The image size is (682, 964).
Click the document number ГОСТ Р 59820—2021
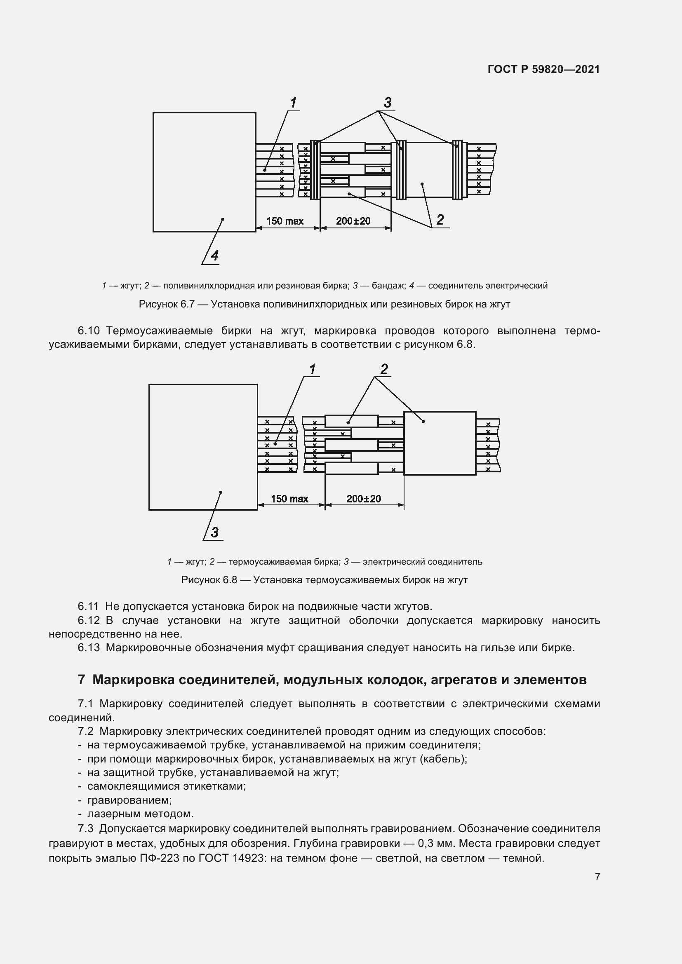click(x=543, y=69)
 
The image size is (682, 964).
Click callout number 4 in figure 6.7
click(x=214, y=255)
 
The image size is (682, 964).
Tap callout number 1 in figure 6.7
click(x=293, y=103)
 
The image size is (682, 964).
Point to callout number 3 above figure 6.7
click(x=388, y=103)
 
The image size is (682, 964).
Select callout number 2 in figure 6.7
click(x=440, y=220)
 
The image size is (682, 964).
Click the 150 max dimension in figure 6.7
click(x=285, y=221)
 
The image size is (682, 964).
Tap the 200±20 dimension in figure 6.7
click(x=353, y=221)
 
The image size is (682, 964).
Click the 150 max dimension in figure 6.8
click(x=289, y=499)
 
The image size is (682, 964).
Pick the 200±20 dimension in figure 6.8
click(x=363, y=499)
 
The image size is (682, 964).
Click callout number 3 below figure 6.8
click(x=214, y=532)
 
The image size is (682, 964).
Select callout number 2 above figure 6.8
click(x=384, y=369)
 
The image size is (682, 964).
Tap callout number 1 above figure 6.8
click(x=312, y=369)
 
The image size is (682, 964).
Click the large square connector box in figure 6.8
click(x=203, y=447)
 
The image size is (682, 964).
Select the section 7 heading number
click(x=82, y=679)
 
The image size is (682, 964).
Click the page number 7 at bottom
click(x=597, y=877)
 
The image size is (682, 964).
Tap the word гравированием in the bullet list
click(x=129, y=800)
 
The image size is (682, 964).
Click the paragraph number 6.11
click(x=88, y=606)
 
